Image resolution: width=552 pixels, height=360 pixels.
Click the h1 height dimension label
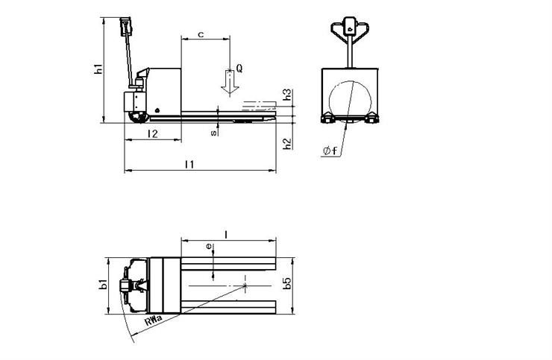pos(99,69)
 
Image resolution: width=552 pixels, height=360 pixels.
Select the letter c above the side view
pos(201,34)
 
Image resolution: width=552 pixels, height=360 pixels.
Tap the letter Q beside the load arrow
pos(239,69)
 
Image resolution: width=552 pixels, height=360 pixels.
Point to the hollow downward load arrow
pos(230,83)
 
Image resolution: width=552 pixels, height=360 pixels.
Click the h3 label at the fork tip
pos(288,95)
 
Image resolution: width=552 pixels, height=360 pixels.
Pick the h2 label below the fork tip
pos(288,143)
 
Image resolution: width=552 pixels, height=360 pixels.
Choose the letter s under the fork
pos(213,133)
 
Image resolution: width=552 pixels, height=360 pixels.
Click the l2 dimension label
pos(153,133)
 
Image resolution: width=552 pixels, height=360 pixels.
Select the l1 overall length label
pos(189,164)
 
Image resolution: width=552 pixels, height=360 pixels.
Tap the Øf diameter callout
pos(330,151)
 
